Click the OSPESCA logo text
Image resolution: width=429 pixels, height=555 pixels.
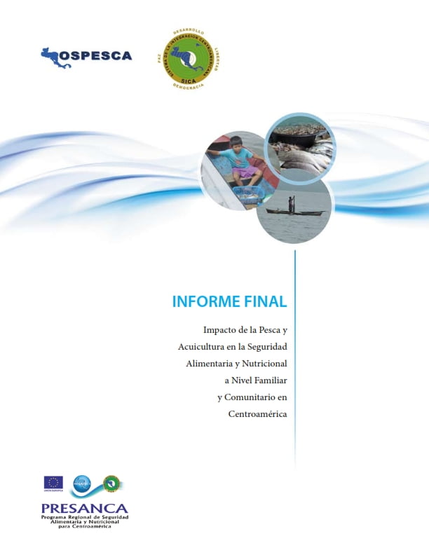pyautogui.click(x=95, y=55)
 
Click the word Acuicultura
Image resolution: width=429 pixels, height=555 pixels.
pyautogui.click(x=205, y=346)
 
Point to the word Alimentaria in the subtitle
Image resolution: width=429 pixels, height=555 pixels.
pyautogui.click(x=210, y=363)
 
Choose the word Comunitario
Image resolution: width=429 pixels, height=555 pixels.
pyautogui.click(x=245, y=397)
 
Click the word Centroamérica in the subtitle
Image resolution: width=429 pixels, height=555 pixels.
pyautogui.click(x=257, y=413)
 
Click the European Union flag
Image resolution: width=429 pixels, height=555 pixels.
pyautogui.click(x=53, y=483)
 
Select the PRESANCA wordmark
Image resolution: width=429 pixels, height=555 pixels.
pyautogui.click(x=85, y=508)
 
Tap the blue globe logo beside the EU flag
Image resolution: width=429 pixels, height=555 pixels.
pyautogui.click(x=82, y=483)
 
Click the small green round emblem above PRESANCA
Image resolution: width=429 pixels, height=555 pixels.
pyautogui.click(x=111, y=483)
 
